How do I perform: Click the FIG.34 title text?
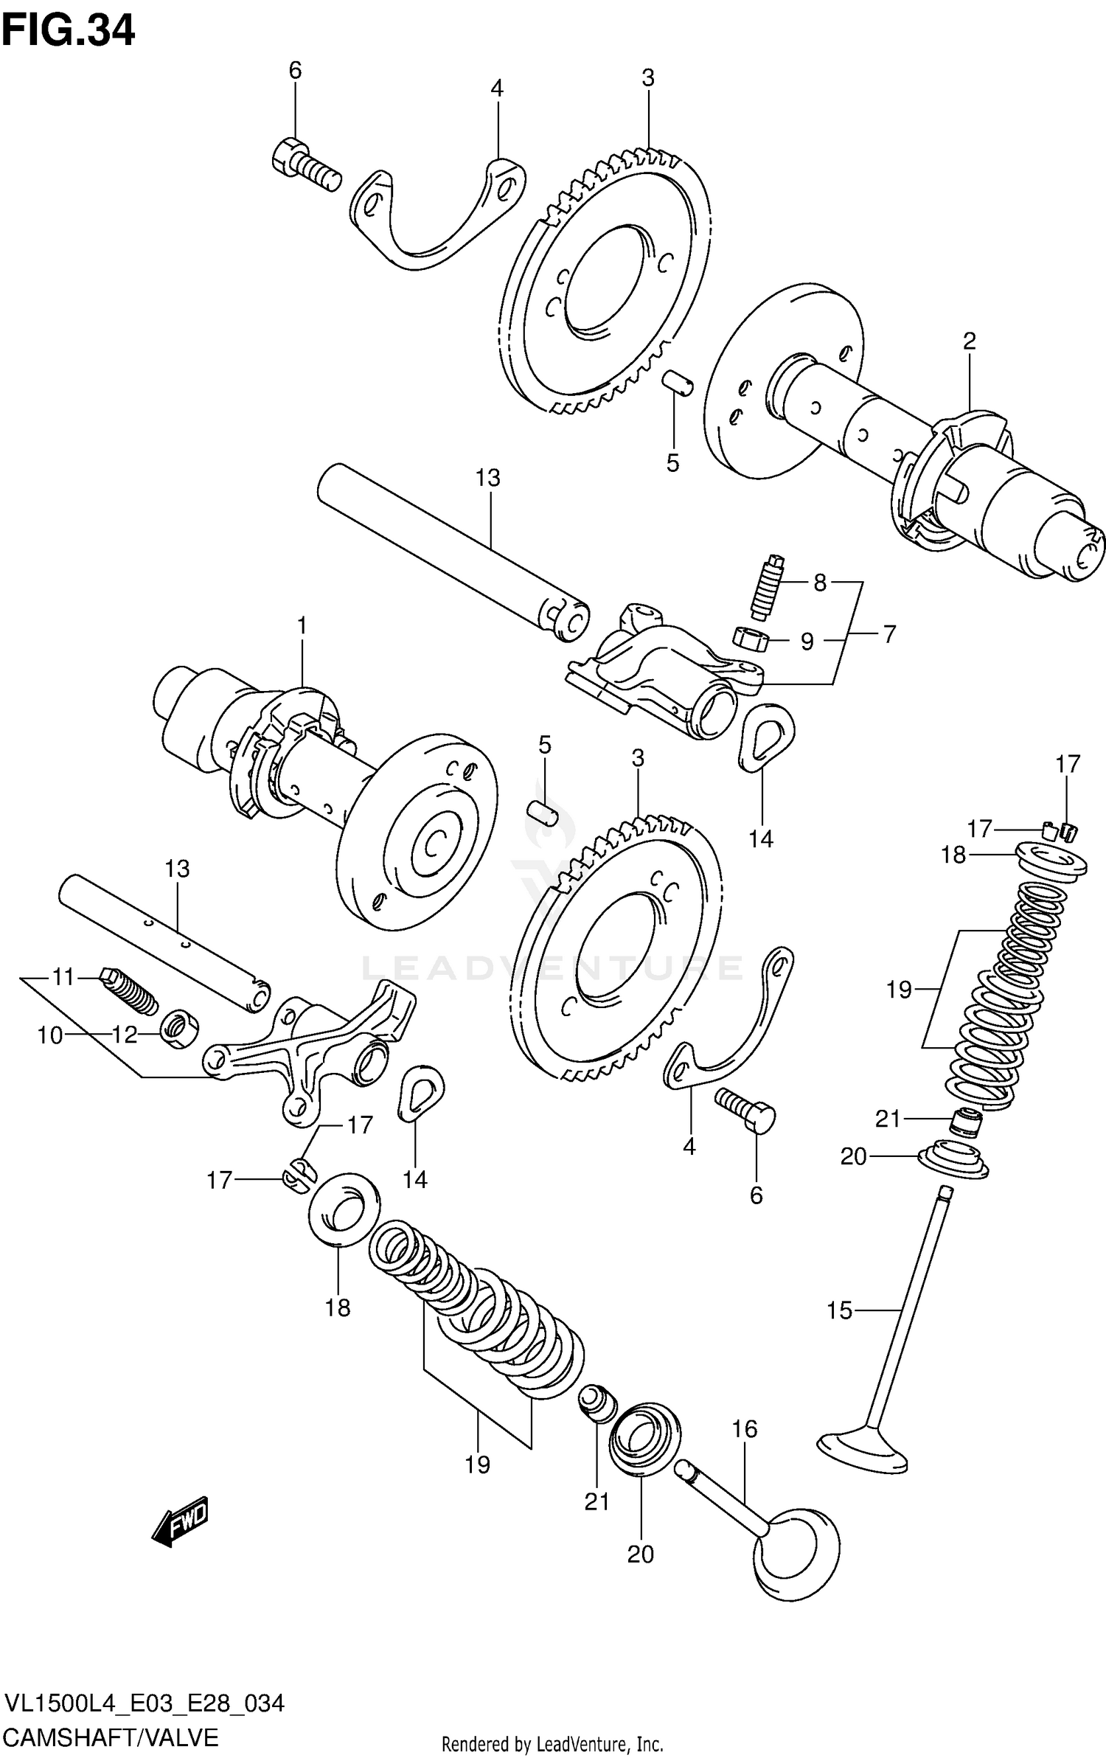[x=68, y=31]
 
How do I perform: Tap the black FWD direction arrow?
[x=181, y=1521]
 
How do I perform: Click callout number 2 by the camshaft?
[x=969, y=341]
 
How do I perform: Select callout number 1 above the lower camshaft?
[x=302, y=627]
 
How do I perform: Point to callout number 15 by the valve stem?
[x=839, y=1310]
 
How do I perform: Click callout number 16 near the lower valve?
[x=745, y=1429]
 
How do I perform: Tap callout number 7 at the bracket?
[x=889, y=634]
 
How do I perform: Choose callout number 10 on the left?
[x=50, y=1035]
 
